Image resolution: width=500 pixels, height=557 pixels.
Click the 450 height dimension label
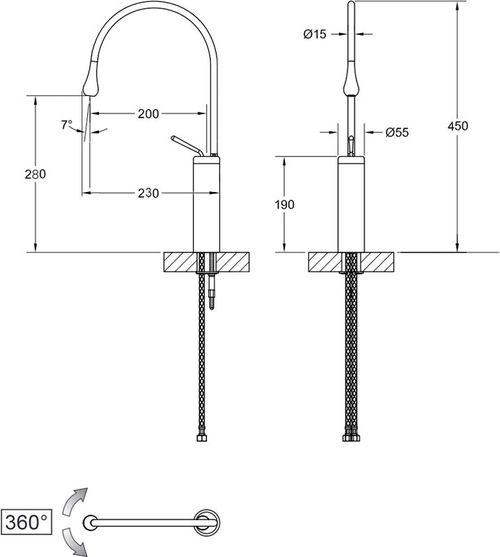coord(458,126)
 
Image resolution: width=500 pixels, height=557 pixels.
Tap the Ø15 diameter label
coord(315,34)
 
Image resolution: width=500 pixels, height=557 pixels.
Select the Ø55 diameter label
coord(398,132)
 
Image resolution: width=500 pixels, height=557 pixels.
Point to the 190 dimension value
coord(284,205)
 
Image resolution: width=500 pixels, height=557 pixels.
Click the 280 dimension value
coord(36,174)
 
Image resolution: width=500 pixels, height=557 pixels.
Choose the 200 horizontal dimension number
coord(148,113)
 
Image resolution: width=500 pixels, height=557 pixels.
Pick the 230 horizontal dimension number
coord(148,194)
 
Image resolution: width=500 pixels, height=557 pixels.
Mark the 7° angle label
coord(66,125)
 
